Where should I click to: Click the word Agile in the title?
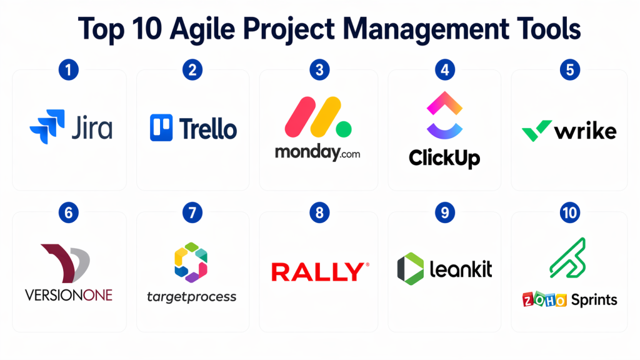[x=202, y=30]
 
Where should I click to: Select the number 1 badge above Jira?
[x=69, y=70]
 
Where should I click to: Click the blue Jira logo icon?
[x=47, y=126]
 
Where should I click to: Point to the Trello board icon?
[x=161, y=127]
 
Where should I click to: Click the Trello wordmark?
[x=207, y=129]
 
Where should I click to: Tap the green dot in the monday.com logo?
[x=344, y=129]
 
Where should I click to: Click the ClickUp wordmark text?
[x=444, y=158]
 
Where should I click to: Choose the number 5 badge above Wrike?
[x=570, y=70]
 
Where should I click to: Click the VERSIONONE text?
[x=69, y=295]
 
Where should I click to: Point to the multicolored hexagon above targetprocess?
[x=191, y=262]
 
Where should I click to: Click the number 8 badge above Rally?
[x=319, y=212]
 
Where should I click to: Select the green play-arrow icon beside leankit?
[x=411, y=269]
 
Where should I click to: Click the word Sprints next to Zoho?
[x=594, y=301]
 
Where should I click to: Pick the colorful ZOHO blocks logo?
[x=544, y=299]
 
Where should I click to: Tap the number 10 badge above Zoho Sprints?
[x=570, y=212]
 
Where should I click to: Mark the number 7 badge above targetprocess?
[x=192, y=212]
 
